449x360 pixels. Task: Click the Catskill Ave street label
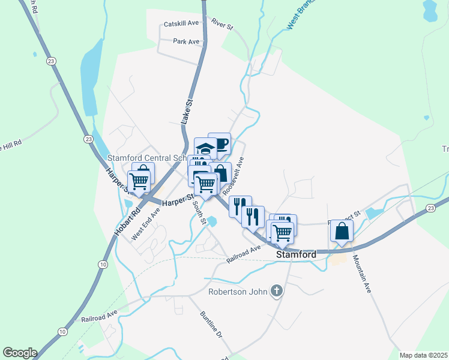(181, 23)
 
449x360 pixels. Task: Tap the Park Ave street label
(185, 41)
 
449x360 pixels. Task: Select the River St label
(221, 24)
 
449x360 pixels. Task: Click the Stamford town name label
(296, 254)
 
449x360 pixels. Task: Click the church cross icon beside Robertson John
(276, 292)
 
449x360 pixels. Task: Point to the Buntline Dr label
(211, 327)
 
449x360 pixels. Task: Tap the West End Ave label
(146, 223)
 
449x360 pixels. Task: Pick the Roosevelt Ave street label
(234, 175)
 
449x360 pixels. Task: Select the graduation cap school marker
(205, 148)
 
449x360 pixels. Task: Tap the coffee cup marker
(220, 143)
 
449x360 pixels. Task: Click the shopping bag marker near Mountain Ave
(342, 230)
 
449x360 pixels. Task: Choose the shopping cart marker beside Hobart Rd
(139, 181)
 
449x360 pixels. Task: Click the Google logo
(20, 353)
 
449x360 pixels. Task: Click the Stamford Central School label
(147, 158)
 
